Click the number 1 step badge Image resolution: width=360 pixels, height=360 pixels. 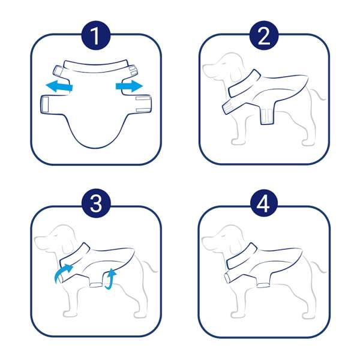point(96,35)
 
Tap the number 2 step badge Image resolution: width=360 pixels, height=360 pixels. point(264,35)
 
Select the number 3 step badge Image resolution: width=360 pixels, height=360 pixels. point(96,203)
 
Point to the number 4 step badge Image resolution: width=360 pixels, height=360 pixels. point(264,203)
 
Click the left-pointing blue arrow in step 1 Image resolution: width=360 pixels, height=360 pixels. point(59,86)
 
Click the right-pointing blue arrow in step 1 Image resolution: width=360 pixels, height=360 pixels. point(129,86)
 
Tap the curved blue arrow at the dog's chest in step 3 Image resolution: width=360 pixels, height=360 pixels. point(62,272)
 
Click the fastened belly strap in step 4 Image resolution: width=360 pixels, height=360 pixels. point(263,286)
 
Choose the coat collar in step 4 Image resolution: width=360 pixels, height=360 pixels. point(242,256)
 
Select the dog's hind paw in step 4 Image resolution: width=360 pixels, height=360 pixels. point(308,316)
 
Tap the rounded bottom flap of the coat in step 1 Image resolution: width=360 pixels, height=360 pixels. point(97,133)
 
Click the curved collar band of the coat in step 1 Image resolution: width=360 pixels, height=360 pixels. point(96,67)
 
